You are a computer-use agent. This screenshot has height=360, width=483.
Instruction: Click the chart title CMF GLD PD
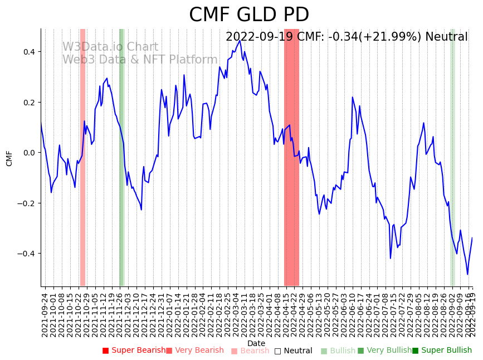249,15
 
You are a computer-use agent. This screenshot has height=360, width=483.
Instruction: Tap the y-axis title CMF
9,158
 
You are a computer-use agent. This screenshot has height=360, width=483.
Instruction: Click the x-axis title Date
256,343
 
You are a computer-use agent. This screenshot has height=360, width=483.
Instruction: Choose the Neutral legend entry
293,351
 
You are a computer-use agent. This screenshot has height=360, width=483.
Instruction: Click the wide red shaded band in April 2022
291,156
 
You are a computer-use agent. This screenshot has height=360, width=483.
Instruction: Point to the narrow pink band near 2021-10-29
82,156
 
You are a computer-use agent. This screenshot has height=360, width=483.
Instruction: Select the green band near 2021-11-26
121,156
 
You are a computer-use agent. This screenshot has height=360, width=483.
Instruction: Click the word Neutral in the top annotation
446,37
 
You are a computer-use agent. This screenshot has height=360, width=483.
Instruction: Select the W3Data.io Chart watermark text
110,47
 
